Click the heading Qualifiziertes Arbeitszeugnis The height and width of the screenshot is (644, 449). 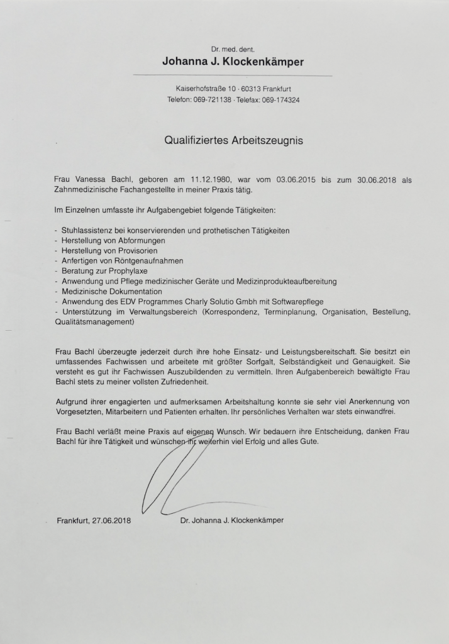tap(233, 141)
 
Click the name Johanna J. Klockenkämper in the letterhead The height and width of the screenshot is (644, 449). tap(233, 62)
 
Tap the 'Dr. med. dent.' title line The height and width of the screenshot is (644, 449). tap(233, 48)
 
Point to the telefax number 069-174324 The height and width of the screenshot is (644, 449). tap(280, 99)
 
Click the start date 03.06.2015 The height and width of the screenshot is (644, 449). tap(296, 180)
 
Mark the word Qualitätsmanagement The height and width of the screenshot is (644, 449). tap(94, 321)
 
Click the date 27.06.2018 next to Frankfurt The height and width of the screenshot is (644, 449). tap(111, 521)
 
